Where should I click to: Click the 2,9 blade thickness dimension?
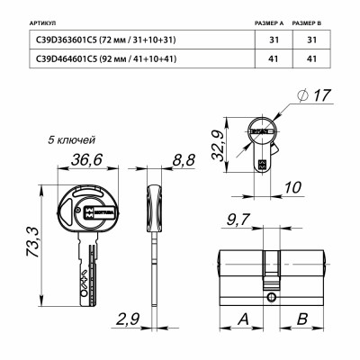click(127, 318)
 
